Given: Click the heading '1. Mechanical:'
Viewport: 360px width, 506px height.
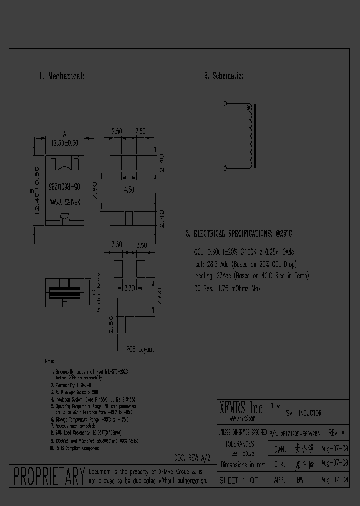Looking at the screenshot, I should point(61,76).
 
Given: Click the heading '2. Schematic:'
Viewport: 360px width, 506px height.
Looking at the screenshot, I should point(223,76).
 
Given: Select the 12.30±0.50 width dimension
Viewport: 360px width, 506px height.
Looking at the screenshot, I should point(64,142).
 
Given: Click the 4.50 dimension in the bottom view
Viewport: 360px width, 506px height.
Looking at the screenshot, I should point(129,189).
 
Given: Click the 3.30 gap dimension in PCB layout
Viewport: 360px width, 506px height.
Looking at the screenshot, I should point(128,288).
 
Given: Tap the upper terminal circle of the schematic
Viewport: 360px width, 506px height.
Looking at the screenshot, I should point(225,104).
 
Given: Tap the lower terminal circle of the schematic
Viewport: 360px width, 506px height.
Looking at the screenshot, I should point(225,168).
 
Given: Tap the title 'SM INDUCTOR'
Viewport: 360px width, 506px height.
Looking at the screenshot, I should point(303,413).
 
